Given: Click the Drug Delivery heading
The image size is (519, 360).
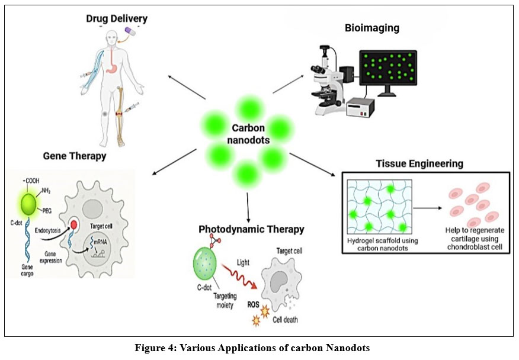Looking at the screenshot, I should (116, 19).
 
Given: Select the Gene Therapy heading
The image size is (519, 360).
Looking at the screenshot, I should (75, 156).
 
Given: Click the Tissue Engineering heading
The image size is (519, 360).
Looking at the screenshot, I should (419, 163).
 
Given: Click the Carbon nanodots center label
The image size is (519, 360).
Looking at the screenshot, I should (248, 134).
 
